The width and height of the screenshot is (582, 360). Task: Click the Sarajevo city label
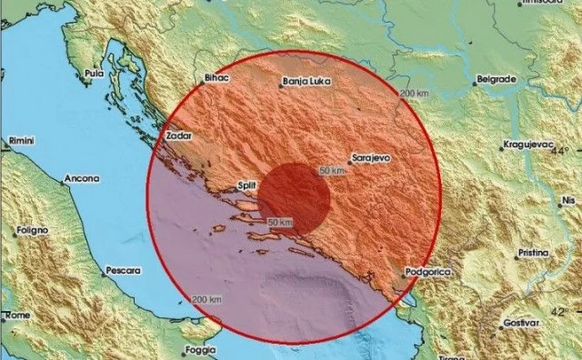[372, 157]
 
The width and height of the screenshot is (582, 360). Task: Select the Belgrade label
[497, 79]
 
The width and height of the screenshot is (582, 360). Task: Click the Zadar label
[177, 135]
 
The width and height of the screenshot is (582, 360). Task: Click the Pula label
[92, 73]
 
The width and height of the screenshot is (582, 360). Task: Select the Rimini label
[21, 142]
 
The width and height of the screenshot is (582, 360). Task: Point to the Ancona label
[82, 180]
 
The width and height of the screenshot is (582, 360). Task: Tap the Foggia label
[201, 349]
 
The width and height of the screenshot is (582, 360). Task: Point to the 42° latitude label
[565, 311]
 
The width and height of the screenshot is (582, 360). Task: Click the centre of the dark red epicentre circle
[295, 195]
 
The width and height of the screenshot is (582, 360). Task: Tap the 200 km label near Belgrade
[413, 95]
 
